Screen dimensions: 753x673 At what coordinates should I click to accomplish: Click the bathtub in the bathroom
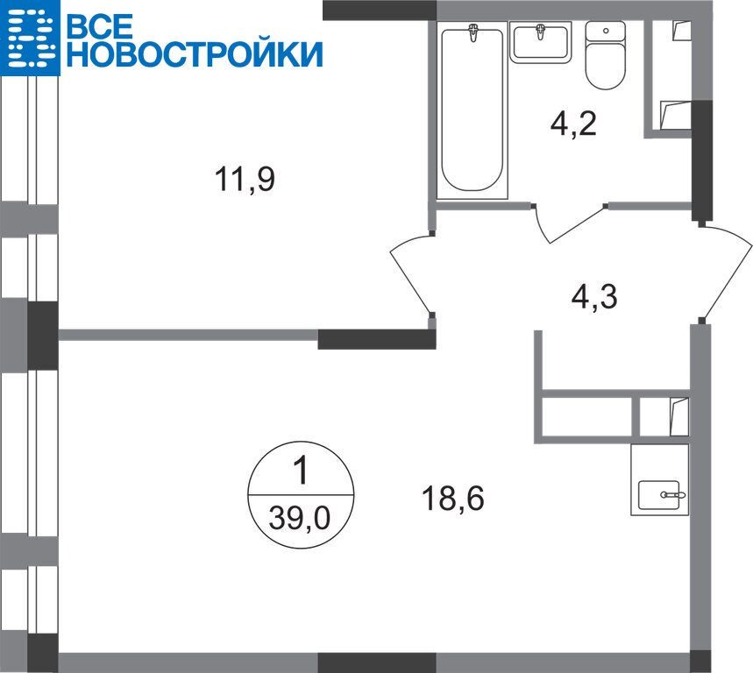tap(472, 110)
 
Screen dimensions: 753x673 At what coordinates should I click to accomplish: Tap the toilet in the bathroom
tap(606, 55)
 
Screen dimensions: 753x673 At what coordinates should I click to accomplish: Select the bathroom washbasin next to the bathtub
tap(541, 42)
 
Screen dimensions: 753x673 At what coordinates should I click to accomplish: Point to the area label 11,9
tap(245, 179)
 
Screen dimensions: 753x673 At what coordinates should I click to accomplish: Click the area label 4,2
tap(573, 123)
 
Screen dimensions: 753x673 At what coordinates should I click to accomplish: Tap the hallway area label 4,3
tap(594, 297)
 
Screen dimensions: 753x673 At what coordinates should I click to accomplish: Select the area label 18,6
tap(453, 498)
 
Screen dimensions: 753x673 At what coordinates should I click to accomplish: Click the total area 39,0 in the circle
tap(300, 518)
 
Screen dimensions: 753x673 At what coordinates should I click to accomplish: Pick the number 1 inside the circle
tap(301, 471)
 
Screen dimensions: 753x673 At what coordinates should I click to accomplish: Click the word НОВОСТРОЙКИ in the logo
tap(194, 53)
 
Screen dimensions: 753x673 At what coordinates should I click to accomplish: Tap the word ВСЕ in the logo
tap(99, 25)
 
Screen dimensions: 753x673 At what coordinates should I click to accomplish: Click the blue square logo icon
tap(31, 38)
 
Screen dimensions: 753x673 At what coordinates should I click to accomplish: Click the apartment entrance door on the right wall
tap(725, 273)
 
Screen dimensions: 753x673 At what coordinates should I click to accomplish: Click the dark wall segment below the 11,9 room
tap(377, 339)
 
